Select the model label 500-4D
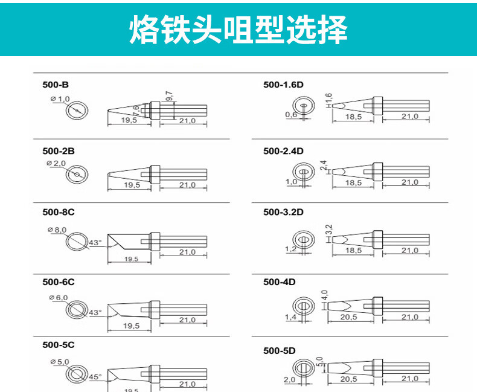279,281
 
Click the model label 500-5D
279,350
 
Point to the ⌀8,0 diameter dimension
57,230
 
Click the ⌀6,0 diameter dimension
57,298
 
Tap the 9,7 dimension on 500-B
168,97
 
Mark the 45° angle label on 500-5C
95,376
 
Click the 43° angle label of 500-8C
95,243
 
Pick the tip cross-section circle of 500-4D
303,306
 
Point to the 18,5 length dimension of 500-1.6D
354,117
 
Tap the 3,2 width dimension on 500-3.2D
329,230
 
